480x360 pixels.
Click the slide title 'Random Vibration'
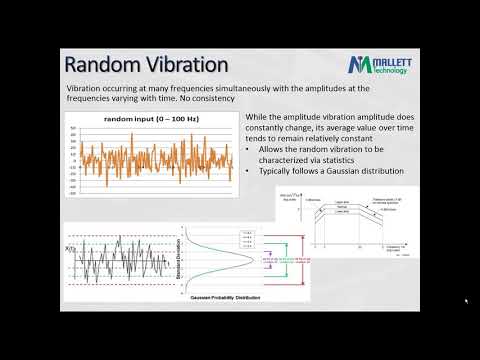tap(143, 65)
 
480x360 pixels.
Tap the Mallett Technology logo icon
tap(360, 66)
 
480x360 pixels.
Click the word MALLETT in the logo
tap(399, 61)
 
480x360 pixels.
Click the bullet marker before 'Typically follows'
tap(248, 171)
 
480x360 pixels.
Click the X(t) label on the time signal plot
tap(68, 243)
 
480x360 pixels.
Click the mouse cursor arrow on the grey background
tap(466, 301)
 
